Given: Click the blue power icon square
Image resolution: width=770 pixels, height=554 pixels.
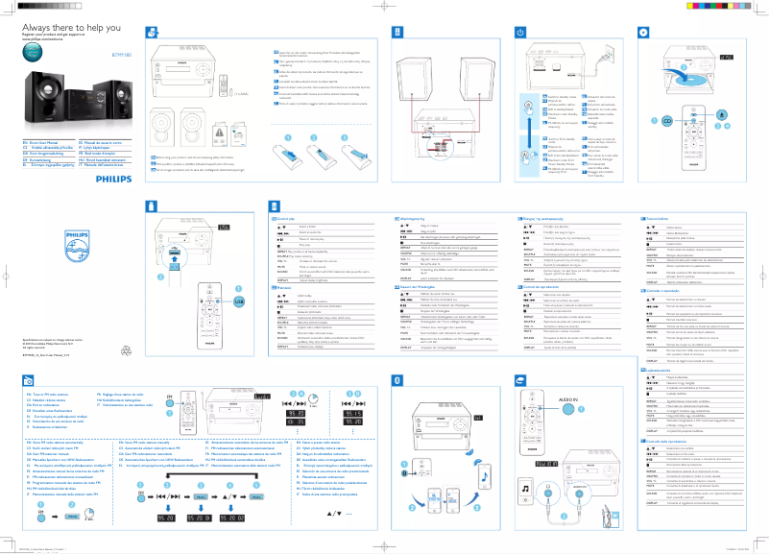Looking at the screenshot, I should [x=520, y=33].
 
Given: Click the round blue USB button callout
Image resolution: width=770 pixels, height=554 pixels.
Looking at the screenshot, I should [x=238, y=274].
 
